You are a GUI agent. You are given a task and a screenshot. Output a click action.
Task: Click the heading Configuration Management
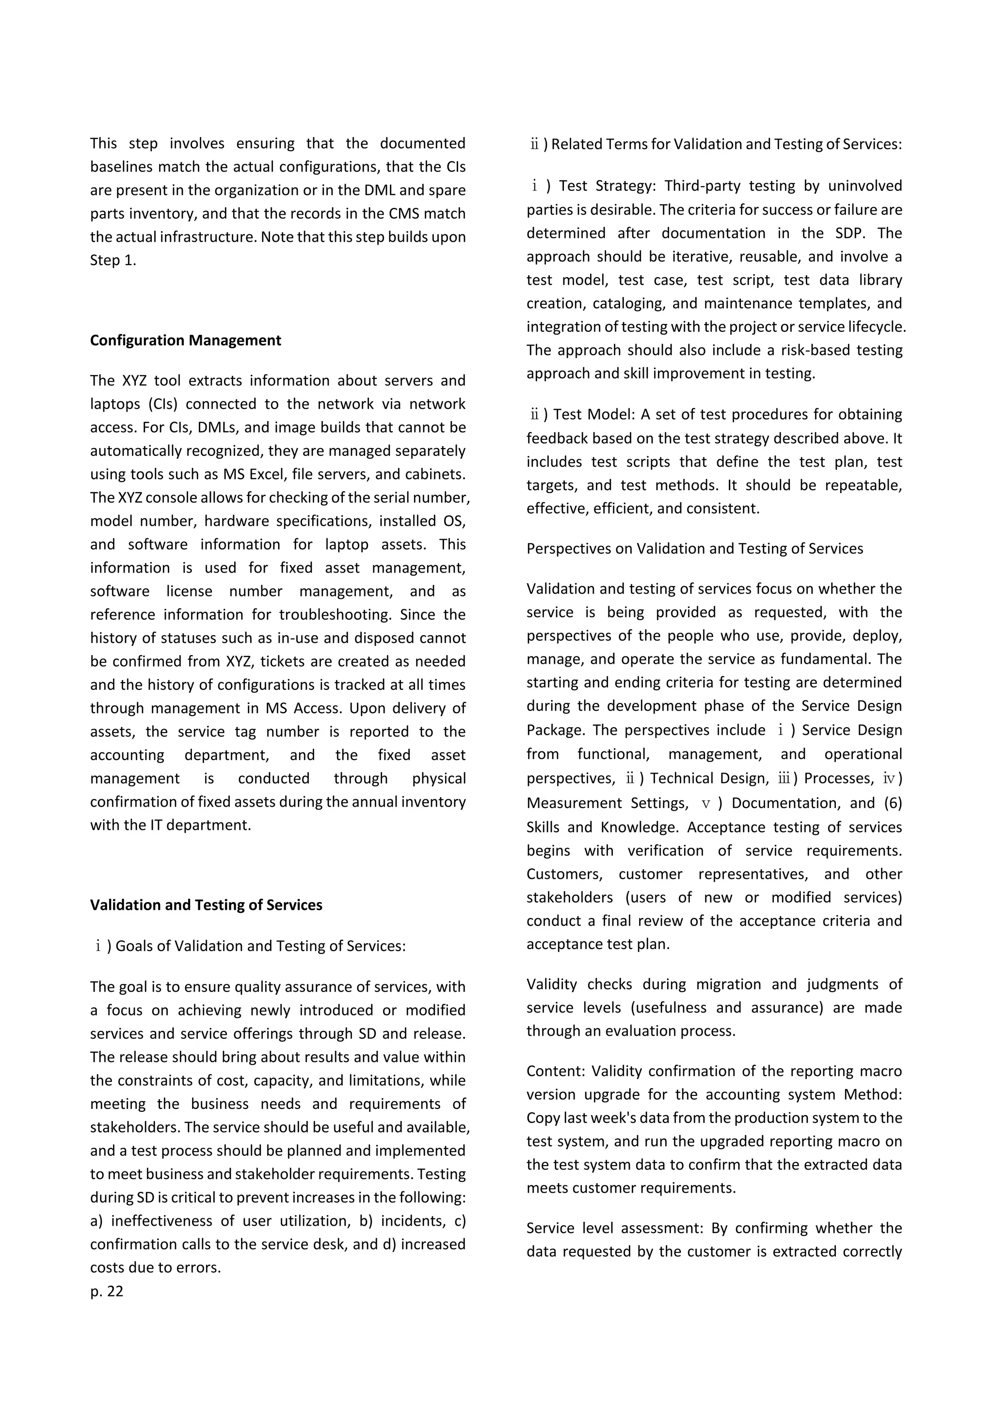185,341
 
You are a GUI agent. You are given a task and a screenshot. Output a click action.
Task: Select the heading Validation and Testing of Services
206,905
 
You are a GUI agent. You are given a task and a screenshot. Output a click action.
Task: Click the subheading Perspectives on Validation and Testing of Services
695,549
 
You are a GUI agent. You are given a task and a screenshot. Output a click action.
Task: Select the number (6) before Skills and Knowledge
893,803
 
